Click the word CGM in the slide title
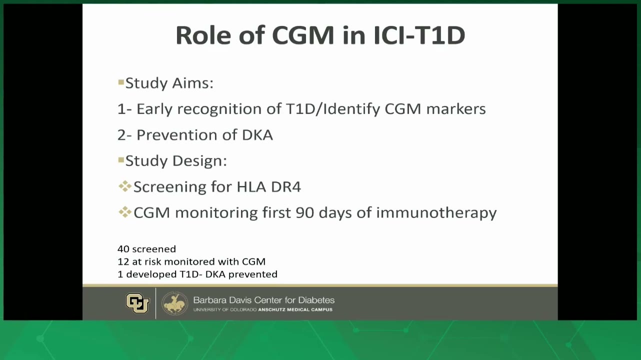click(x=303, y=35)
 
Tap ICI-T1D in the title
click(x=419, y=35)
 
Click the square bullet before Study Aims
click(x=121, y=82)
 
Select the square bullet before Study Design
click(x=121, y=160)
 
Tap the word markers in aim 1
click(x=456, y=109)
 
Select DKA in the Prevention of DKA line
click(x=257, y=135)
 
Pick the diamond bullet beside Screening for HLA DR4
click(x=125, y=186)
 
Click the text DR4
click(x=286, y=187)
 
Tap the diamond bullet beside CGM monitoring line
click(x=125, y=212)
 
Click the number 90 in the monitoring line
click(x=305, y=213)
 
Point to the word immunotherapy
click(x=436, y=213)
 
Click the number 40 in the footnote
click(x=123, y=249)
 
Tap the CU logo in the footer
click(x=137, y=303)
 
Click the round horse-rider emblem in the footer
click(x=174, y=303)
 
